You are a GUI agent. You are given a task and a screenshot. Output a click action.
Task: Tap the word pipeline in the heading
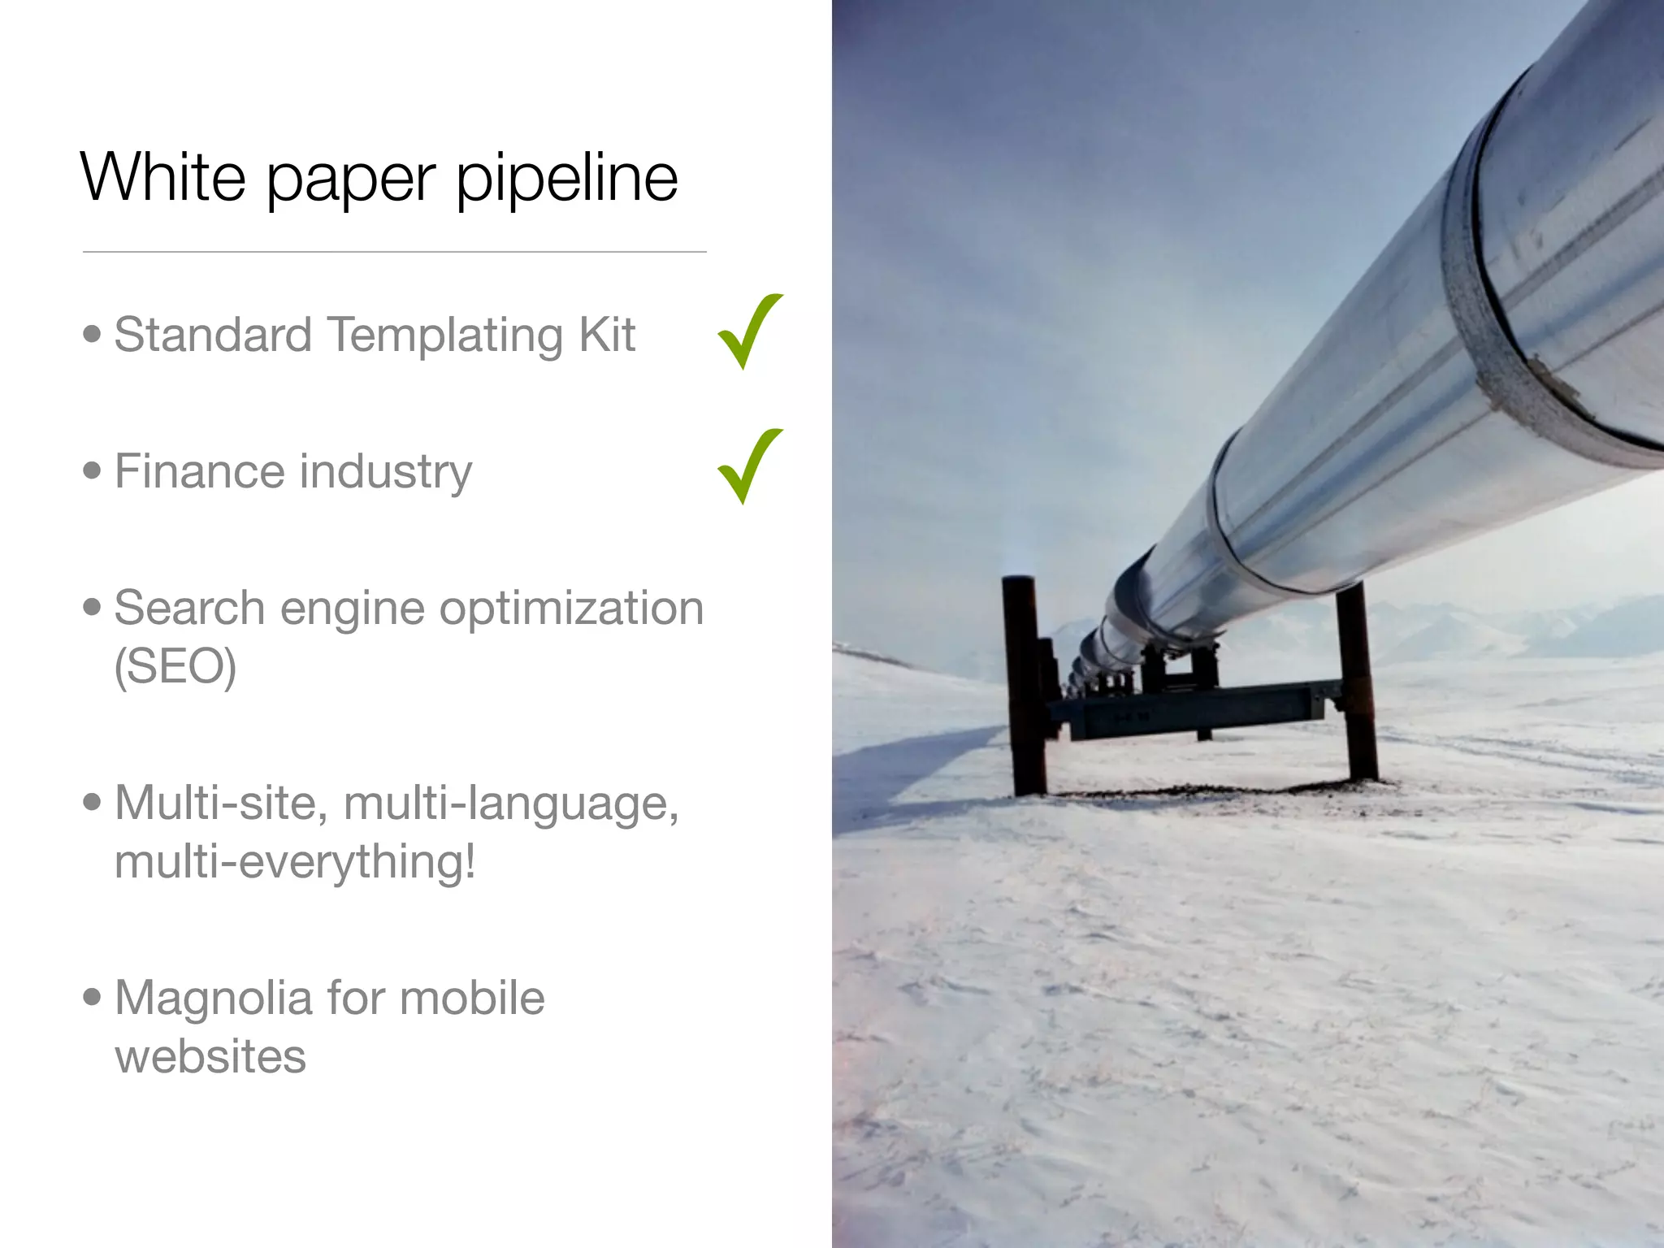pyautogui.click(x=566, y=179)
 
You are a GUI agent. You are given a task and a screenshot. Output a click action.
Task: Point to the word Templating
pyautogui.click(x=444, y=336)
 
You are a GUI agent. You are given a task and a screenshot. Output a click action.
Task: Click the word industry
pyautogui.click(x=385, y=473)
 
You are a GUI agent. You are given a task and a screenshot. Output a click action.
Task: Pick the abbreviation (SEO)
pyautogui.click(x=175, y=667)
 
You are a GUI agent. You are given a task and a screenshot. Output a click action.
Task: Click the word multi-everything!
pyautogui.click(x=295, y=862)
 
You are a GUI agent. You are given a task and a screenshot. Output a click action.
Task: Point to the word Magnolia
pyautogui.click(x=214, y=999)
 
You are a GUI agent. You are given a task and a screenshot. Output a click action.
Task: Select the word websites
pyautogui.click(x=210, y=1056)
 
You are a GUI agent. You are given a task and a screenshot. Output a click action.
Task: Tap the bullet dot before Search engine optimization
pyautogui.click(x=93, y=606)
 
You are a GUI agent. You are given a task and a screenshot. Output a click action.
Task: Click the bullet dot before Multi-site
pyautogui.click(x=93, y=802)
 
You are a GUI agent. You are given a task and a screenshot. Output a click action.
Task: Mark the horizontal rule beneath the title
pyautogui.click(x=394, y=252)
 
